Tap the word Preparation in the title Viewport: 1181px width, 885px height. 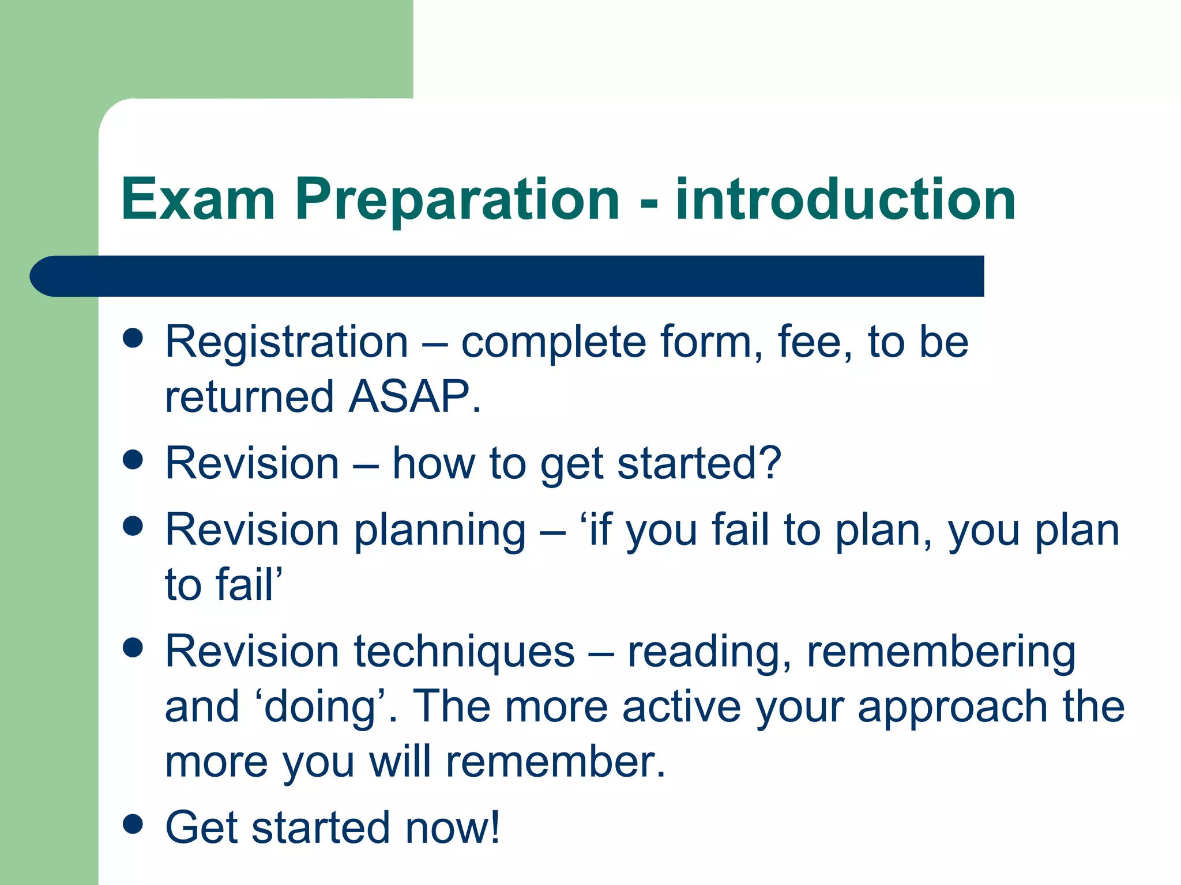[457, 200]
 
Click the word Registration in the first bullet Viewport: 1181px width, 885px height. [287, 342]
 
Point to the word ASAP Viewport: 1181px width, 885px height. [409, 397]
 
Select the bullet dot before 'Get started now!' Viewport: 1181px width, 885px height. [133, 824]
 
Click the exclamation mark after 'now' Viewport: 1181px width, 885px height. [493, 827]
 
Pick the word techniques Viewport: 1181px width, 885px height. [464, 652]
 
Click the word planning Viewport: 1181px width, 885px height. [440, 531]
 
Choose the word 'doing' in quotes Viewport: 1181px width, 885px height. [319, 708]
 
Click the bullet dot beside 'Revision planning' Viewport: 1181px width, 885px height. [133, 525]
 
